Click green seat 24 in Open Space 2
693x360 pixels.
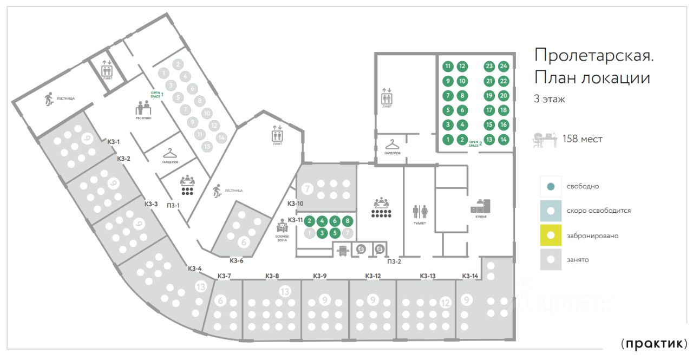coord(504,67)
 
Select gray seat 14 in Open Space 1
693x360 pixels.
coord(221,138)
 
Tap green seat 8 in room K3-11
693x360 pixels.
coord(348,221)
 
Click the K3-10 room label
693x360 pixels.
coord(295,204)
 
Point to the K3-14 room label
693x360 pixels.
coord(470,276)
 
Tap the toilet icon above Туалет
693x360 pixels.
coord(420,211)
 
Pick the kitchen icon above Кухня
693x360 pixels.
coord(480,206)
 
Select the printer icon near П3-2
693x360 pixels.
coord(342,250)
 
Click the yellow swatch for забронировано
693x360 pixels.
coord(551,235)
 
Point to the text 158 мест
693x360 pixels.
coord(583,139)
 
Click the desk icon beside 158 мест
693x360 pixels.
coord(544,139)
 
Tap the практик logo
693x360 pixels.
coord(654,344)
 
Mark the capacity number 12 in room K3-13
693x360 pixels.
coord(446,302)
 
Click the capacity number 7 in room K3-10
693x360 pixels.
coord(308,189)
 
